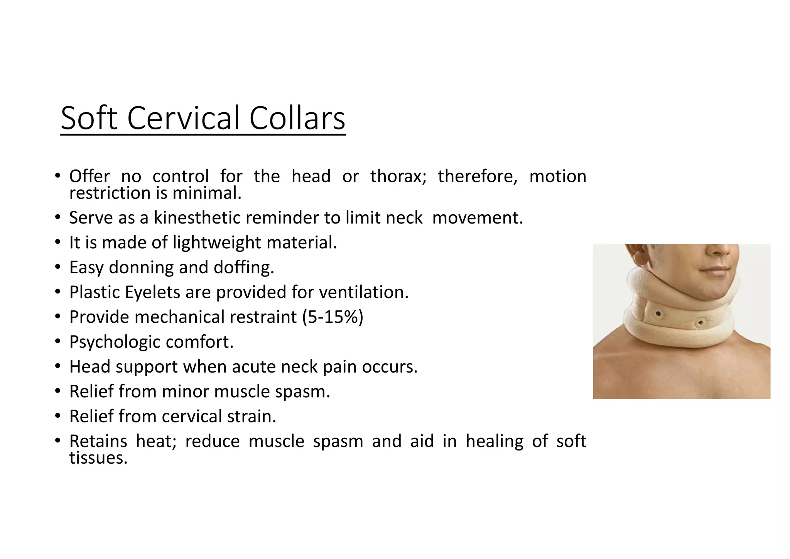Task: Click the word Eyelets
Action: (x=152, y=292)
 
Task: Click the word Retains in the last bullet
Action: (x=98, y=441)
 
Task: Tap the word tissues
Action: (x=98, y=458)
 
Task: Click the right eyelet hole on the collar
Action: (x=701, y=322)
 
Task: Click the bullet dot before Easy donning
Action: (x=57, y=267)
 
